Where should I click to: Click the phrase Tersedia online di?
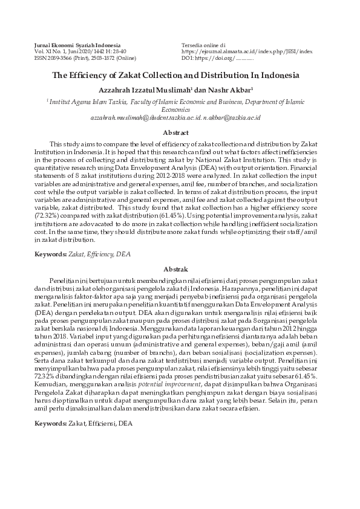203,45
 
